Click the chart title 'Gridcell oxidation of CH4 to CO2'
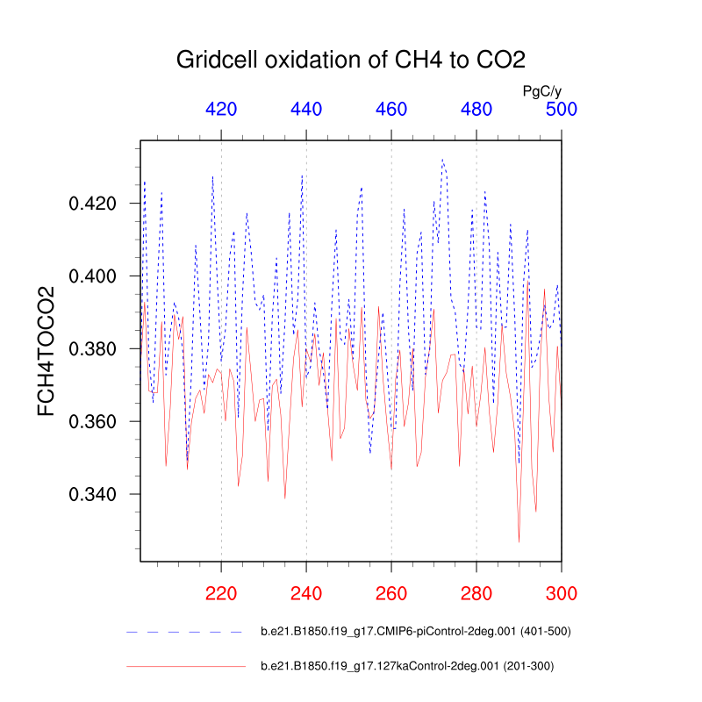pyautogui.click(x=351, y=61)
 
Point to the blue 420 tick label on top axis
pyautogui.click(x=221, y=110)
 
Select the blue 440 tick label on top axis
pyautogui.click(x=306, y=110)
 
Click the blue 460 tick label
pyautogui.click(x=391, y=110)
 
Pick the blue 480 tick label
pyautogui.click(x=476, y=110)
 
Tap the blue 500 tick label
pyautogui.click(x=562, y=110)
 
